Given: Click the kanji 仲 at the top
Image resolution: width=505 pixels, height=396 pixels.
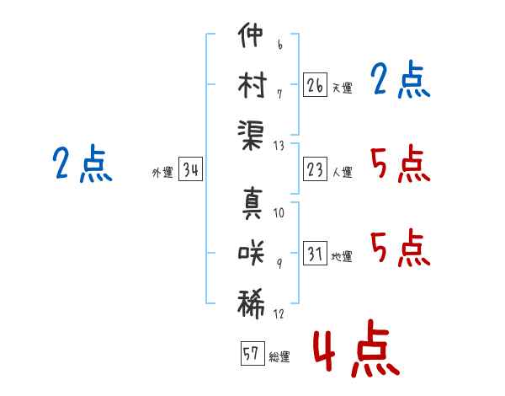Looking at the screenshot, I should [x=252, y=38].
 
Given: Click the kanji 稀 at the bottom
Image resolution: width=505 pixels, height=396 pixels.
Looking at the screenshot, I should [x=252, y=301].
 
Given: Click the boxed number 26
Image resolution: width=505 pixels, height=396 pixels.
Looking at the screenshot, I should [x=315, y=84].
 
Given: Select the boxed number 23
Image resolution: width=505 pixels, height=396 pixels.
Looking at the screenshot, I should [x=315, y=169].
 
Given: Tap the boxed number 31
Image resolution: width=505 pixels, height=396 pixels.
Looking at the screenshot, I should [x=315, y=254].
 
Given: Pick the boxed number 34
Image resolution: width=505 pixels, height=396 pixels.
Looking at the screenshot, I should [x=190, y=170].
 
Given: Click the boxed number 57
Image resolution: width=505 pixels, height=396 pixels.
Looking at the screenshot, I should [x=251, y=354].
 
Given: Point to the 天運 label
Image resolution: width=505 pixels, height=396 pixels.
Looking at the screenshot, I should [x=342, y=88].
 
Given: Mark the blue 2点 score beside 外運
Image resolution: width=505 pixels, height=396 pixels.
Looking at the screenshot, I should [x=82, y=163].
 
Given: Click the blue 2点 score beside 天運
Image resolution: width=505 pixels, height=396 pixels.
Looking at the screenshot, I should [x=400, y=81].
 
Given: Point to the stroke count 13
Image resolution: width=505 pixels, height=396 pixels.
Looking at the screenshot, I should [x=279, y=145].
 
